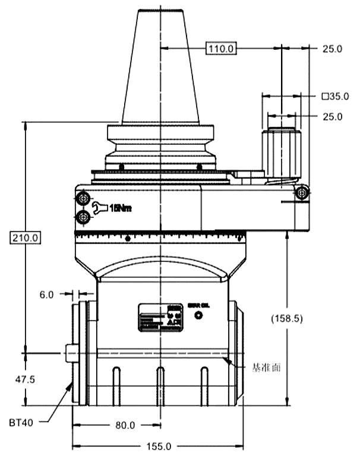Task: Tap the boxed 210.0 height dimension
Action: [25, 237]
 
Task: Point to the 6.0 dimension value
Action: [48, 294]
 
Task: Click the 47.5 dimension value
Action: [25, 379]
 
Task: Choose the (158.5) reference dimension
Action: [287, 318]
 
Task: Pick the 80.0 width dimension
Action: [125, 425]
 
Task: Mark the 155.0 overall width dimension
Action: [159, 446]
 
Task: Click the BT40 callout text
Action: [21, 423]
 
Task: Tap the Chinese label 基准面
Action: [266, 368]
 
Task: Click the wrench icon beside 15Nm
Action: [100, 208]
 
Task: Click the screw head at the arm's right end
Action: [303, 192]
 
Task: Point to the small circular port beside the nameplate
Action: [197, 315]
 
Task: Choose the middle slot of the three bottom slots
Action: [160, 386]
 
